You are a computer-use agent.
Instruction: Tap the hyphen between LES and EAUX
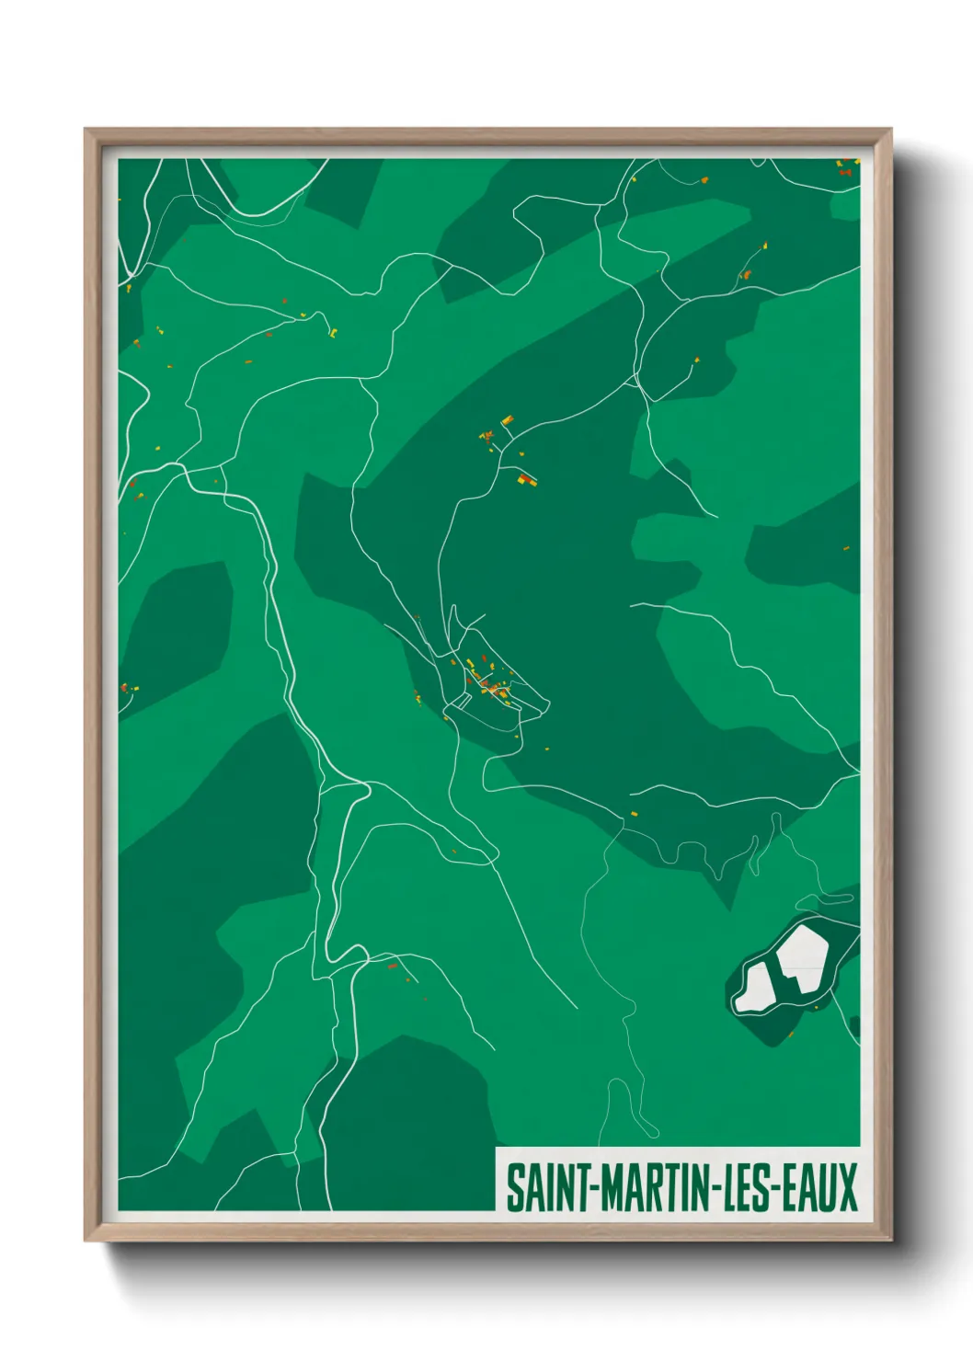click(783, 1188)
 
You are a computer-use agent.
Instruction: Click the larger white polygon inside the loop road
click(803, 959)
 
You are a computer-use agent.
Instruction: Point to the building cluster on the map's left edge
click(129, 687)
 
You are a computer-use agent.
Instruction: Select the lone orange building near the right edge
click(846, 548)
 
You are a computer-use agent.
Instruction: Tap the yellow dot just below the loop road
click(790, 1035)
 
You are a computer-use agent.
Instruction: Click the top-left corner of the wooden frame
click(86, 130)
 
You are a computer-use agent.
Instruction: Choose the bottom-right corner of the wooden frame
click(890, 1240)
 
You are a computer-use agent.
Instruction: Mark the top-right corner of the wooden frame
click(890, 130)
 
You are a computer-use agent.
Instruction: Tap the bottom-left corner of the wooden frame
click(86, 1240)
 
